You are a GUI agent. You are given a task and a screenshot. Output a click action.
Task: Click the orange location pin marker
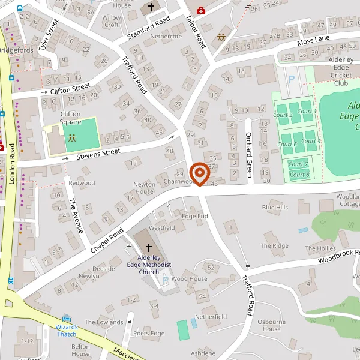(199, 174)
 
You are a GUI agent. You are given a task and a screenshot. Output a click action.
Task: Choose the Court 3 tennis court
(283, 115)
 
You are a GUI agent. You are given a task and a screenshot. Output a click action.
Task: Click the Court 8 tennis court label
(299, 175)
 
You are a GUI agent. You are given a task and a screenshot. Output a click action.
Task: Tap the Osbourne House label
(271, 325)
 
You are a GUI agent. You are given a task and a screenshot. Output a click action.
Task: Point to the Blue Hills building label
(275, 207)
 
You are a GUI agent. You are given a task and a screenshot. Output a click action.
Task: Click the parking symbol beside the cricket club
(292, 79)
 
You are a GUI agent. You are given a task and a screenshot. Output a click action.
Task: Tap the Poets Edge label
(148, 334)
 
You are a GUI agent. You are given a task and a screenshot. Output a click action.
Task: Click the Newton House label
(144, 188)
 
